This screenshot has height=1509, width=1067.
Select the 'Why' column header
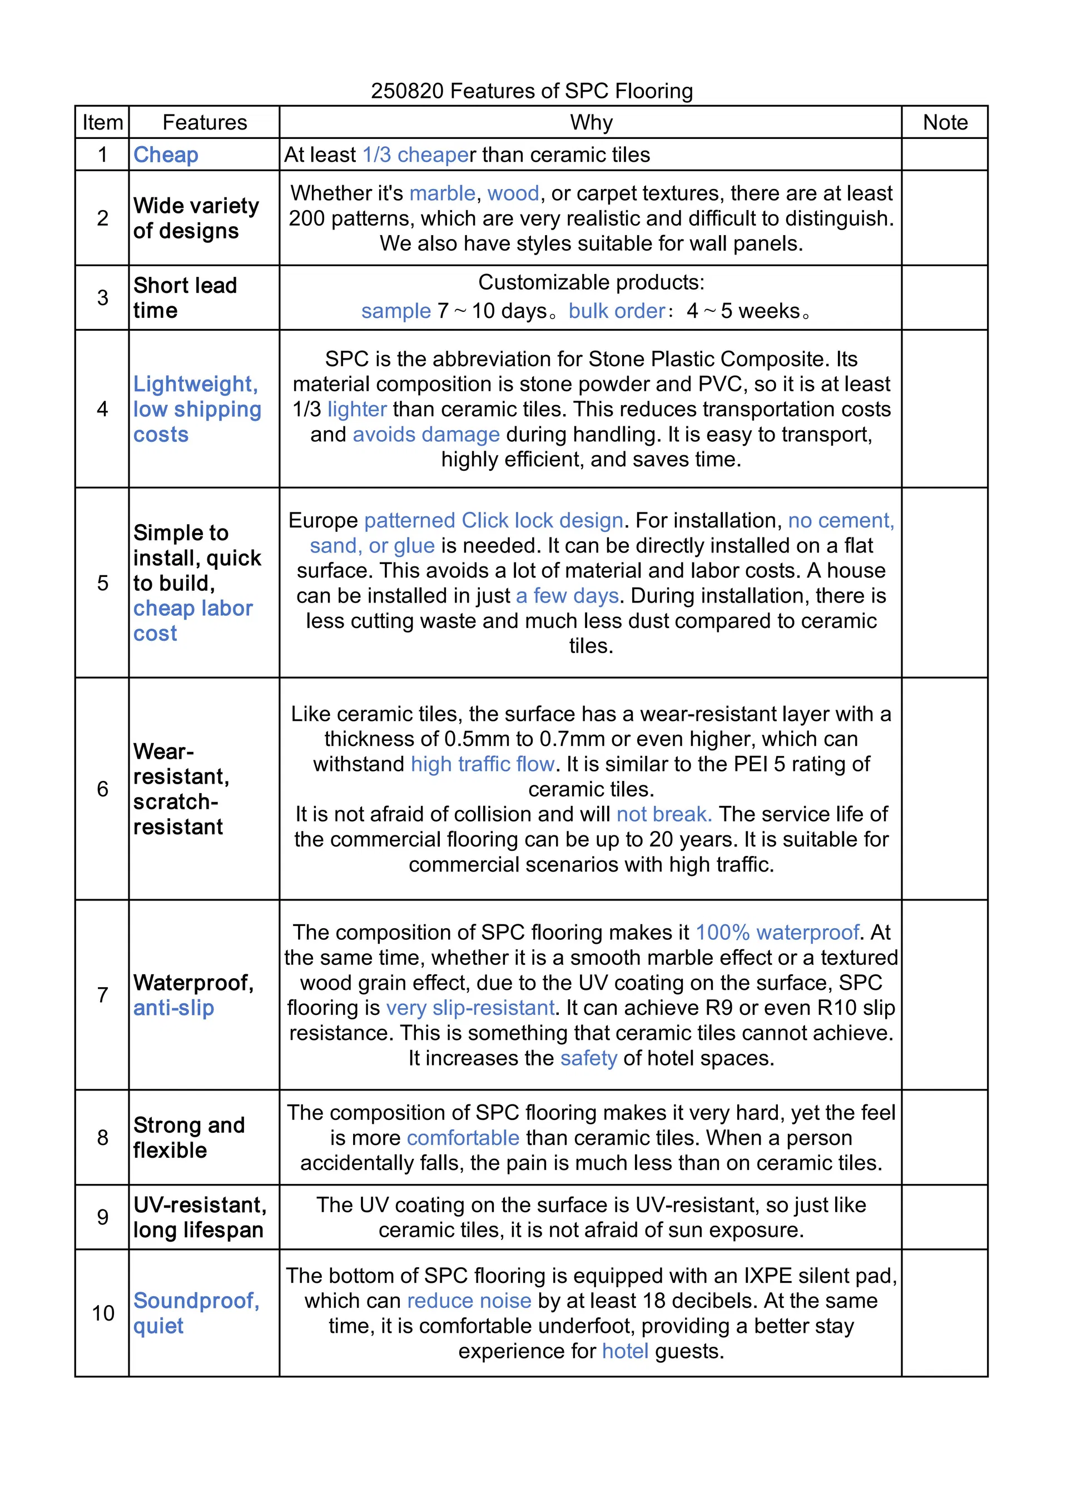(590, 122)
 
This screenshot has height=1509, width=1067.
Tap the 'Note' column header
(945, 122)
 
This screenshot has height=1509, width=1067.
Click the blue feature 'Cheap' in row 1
(166, 155)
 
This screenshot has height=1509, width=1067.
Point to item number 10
(102, 1313)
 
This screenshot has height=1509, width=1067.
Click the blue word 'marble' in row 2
(442, 193)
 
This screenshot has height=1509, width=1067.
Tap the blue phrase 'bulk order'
(617, 311)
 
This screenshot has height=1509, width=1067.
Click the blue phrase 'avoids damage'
(426, 435)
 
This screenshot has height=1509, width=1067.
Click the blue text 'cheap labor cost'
(192, 620)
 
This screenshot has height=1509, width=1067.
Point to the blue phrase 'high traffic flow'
(483, 764)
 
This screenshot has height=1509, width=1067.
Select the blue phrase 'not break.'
(664, 814)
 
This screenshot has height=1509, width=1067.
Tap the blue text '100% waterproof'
(777, 933)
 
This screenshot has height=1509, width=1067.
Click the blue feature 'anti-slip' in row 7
(173, 1008)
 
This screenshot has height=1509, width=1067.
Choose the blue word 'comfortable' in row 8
(463, 1138)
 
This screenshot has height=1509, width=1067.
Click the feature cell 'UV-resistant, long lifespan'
(199, 1217)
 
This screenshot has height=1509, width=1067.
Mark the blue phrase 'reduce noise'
(469, 1301)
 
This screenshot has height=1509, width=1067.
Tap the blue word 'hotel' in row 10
(624, 1351)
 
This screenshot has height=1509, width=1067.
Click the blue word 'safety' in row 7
(588, 1058)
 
